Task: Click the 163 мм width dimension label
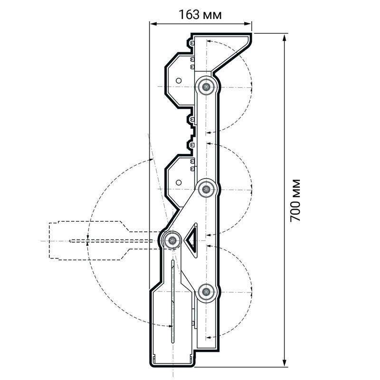pos(200,15)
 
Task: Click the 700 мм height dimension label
pos(295,200)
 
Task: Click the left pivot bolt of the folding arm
pos(172,240)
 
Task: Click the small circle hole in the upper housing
pos(179,80)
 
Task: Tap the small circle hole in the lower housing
pos(179,182)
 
